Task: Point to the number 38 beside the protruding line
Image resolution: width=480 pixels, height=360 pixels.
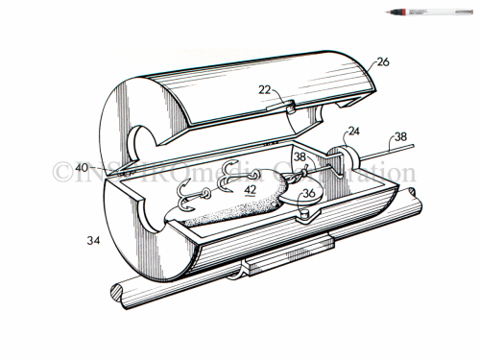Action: [x=427, y=137]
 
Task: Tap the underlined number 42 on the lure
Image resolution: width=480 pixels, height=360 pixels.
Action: [x=250, y=190]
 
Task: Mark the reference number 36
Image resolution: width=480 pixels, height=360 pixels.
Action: [x=309, y=192]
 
